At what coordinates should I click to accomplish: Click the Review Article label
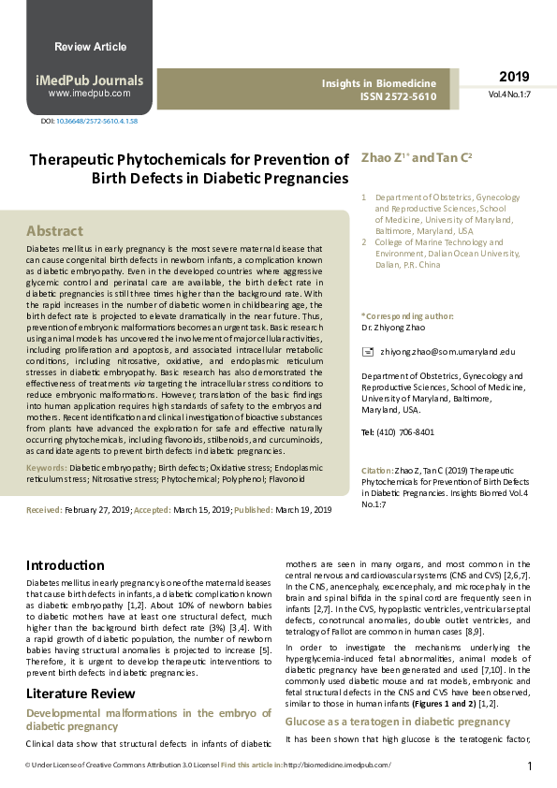click(90, 47)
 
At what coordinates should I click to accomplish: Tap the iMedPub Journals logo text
click(90, 80)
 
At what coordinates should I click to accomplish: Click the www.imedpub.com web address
click(90, 94)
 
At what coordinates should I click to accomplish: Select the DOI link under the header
click(96, 122)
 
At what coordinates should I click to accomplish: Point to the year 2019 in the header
click(514, 77)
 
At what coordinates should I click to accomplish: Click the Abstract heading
click(54, 231)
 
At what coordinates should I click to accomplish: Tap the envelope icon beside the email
click(367, 351)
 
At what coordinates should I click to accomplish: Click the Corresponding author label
click(407, 316)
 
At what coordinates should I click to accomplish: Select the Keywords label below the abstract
click(46, 465)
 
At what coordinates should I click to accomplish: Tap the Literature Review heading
click(81, 693)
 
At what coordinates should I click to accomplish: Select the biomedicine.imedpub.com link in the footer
click(337, 766)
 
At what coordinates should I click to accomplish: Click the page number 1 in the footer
click(530, 766)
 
